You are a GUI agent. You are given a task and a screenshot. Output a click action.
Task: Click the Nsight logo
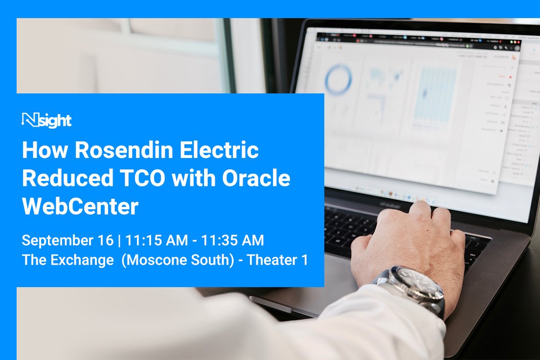pyautogui.click(x=47, y=120)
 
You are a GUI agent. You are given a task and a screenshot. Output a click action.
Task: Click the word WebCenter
pyautogui.click(x=80, y=207)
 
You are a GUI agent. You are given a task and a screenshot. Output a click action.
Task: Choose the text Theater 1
pyautogui.click(x=277, y=260)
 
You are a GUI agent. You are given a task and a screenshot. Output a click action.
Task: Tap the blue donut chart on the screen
pyautogui.click(x=338, y=80)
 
